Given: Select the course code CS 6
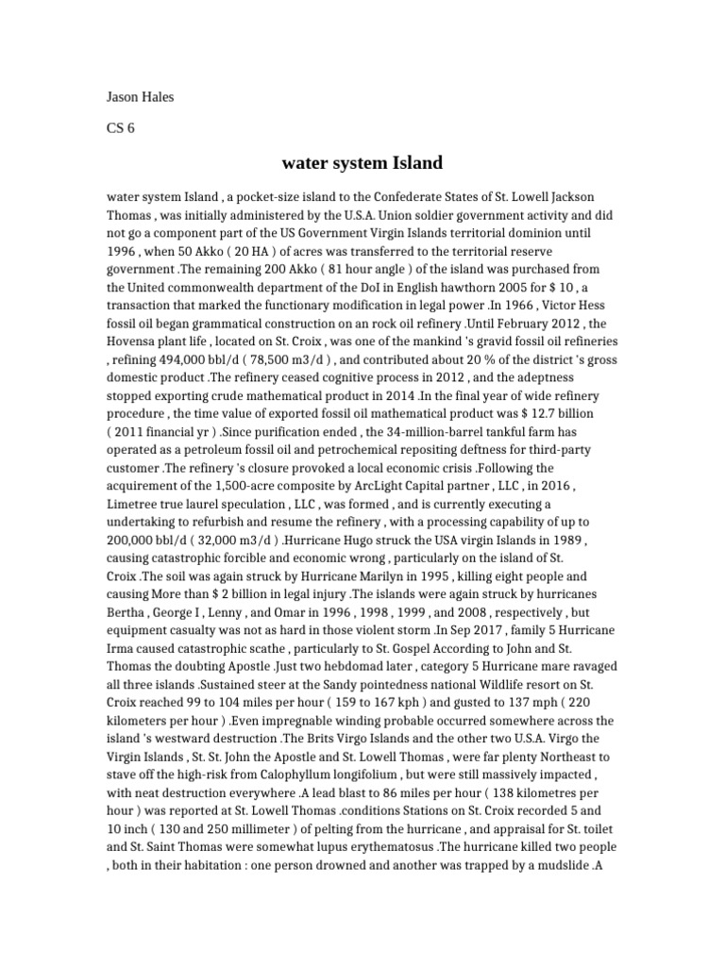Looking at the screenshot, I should point(120,129).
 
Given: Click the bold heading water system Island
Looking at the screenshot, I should point(362,163).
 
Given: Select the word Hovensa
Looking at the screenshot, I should point(134,342).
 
